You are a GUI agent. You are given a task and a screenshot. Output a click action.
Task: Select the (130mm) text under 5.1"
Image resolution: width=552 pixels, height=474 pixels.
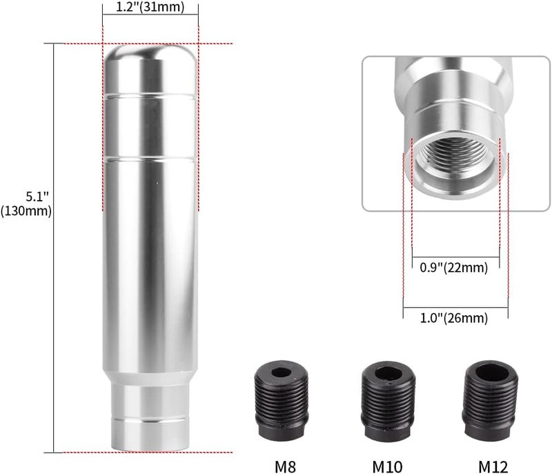[26, 211]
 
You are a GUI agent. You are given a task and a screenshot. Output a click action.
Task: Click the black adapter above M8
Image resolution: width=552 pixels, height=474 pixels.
[282, 400]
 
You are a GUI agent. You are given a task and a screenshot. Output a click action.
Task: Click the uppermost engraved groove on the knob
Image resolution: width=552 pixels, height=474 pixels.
[150, 92]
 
